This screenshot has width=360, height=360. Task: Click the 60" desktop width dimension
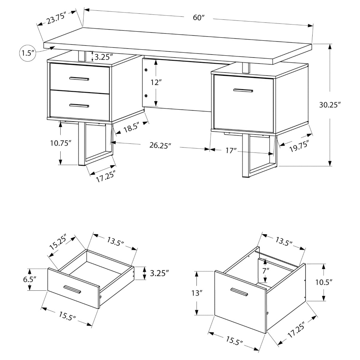tap(198, 18)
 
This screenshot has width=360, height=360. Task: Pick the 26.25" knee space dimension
tap(160, 145)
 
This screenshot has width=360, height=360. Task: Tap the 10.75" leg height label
tap(61, 143)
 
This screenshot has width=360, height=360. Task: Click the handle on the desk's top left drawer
tap(79, 79)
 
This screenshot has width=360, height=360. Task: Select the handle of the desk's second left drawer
tap(79, 105)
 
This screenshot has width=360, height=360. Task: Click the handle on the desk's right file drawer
tap(243, 90)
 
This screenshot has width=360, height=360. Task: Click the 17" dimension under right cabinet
tap(231, 150)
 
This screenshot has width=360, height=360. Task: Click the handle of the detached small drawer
tap(73, 290)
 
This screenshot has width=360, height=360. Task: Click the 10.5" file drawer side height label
tap(325, 282)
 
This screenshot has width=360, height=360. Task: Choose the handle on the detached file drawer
tap(239, 292)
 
